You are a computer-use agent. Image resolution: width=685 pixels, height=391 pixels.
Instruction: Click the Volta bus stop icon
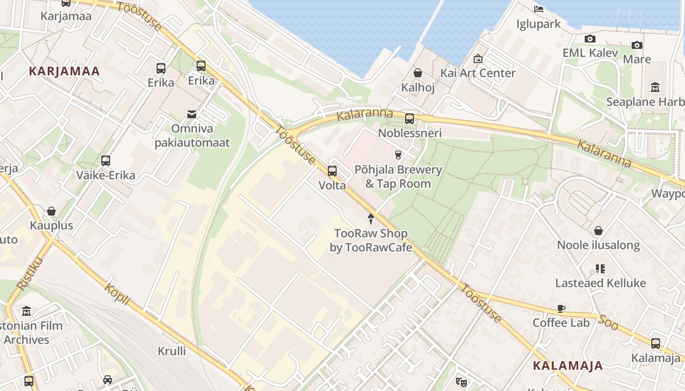pyautogui.click(x=332, y=171)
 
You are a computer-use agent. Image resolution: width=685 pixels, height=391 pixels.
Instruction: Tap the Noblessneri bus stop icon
pyautogui.click(x=410, y=118)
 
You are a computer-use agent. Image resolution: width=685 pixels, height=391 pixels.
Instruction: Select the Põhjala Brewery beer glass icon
pyautogui.click(x=398, y=154)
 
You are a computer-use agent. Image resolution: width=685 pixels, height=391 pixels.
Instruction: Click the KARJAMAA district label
pyautogui.click(x=64, y=71)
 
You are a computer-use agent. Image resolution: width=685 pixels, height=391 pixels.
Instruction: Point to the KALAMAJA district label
pyautogui.click(x=568, y=366)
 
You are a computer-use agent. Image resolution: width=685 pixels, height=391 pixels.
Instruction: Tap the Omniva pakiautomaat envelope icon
pyautogui.click(x=192, y=114)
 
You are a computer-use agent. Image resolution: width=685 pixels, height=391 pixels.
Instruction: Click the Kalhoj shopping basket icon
pyautogui.click(x=418, y=73)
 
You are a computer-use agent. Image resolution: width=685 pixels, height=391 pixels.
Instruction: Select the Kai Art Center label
pyautogui.click(x=478, y=73)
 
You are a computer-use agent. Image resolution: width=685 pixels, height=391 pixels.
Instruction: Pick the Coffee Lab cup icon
pyautogui.click(x=561, y=308)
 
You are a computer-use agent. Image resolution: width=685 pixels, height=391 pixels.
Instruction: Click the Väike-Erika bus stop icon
pyautogui.click(x=105, y=160)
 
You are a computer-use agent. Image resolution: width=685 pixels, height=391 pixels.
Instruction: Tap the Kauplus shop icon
pyautogui.click(x=51, y=211)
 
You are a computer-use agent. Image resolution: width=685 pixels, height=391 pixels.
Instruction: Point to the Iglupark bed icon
pyautogui.click(x=539, y=9)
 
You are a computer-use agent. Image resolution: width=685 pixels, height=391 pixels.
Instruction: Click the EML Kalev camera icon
pyautogui.click(x=590, y=39)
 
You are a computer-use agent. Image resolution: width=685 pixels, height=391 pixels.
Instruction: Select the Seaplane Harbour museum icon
pyautogui.click(x=655, y=87)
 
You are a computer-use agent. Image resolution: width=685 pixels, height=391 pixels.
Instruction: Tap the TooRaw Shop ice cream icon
pyautogui.click(x=371, y=218)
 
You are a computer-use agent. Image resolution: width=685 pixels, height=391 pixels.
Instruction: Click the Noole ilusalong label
pyautogui.click(x=598, y=245)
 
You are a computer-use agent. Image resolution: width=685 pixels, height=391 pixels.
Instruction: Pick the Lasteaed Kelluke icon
pyautogui.click(x=600, y=268)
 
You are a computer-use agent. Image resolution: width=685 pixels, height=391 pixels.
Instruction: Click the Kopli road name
pyautogui.click(x=117, y=294)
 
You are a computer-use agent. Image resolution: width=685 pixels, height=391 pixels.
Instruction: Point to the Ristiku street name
pyautogui.click(x=30, y=274)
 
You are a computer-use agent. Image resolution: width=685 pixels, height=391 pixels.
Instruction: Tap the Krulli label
pyautogui.click(x=172, y=351)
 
